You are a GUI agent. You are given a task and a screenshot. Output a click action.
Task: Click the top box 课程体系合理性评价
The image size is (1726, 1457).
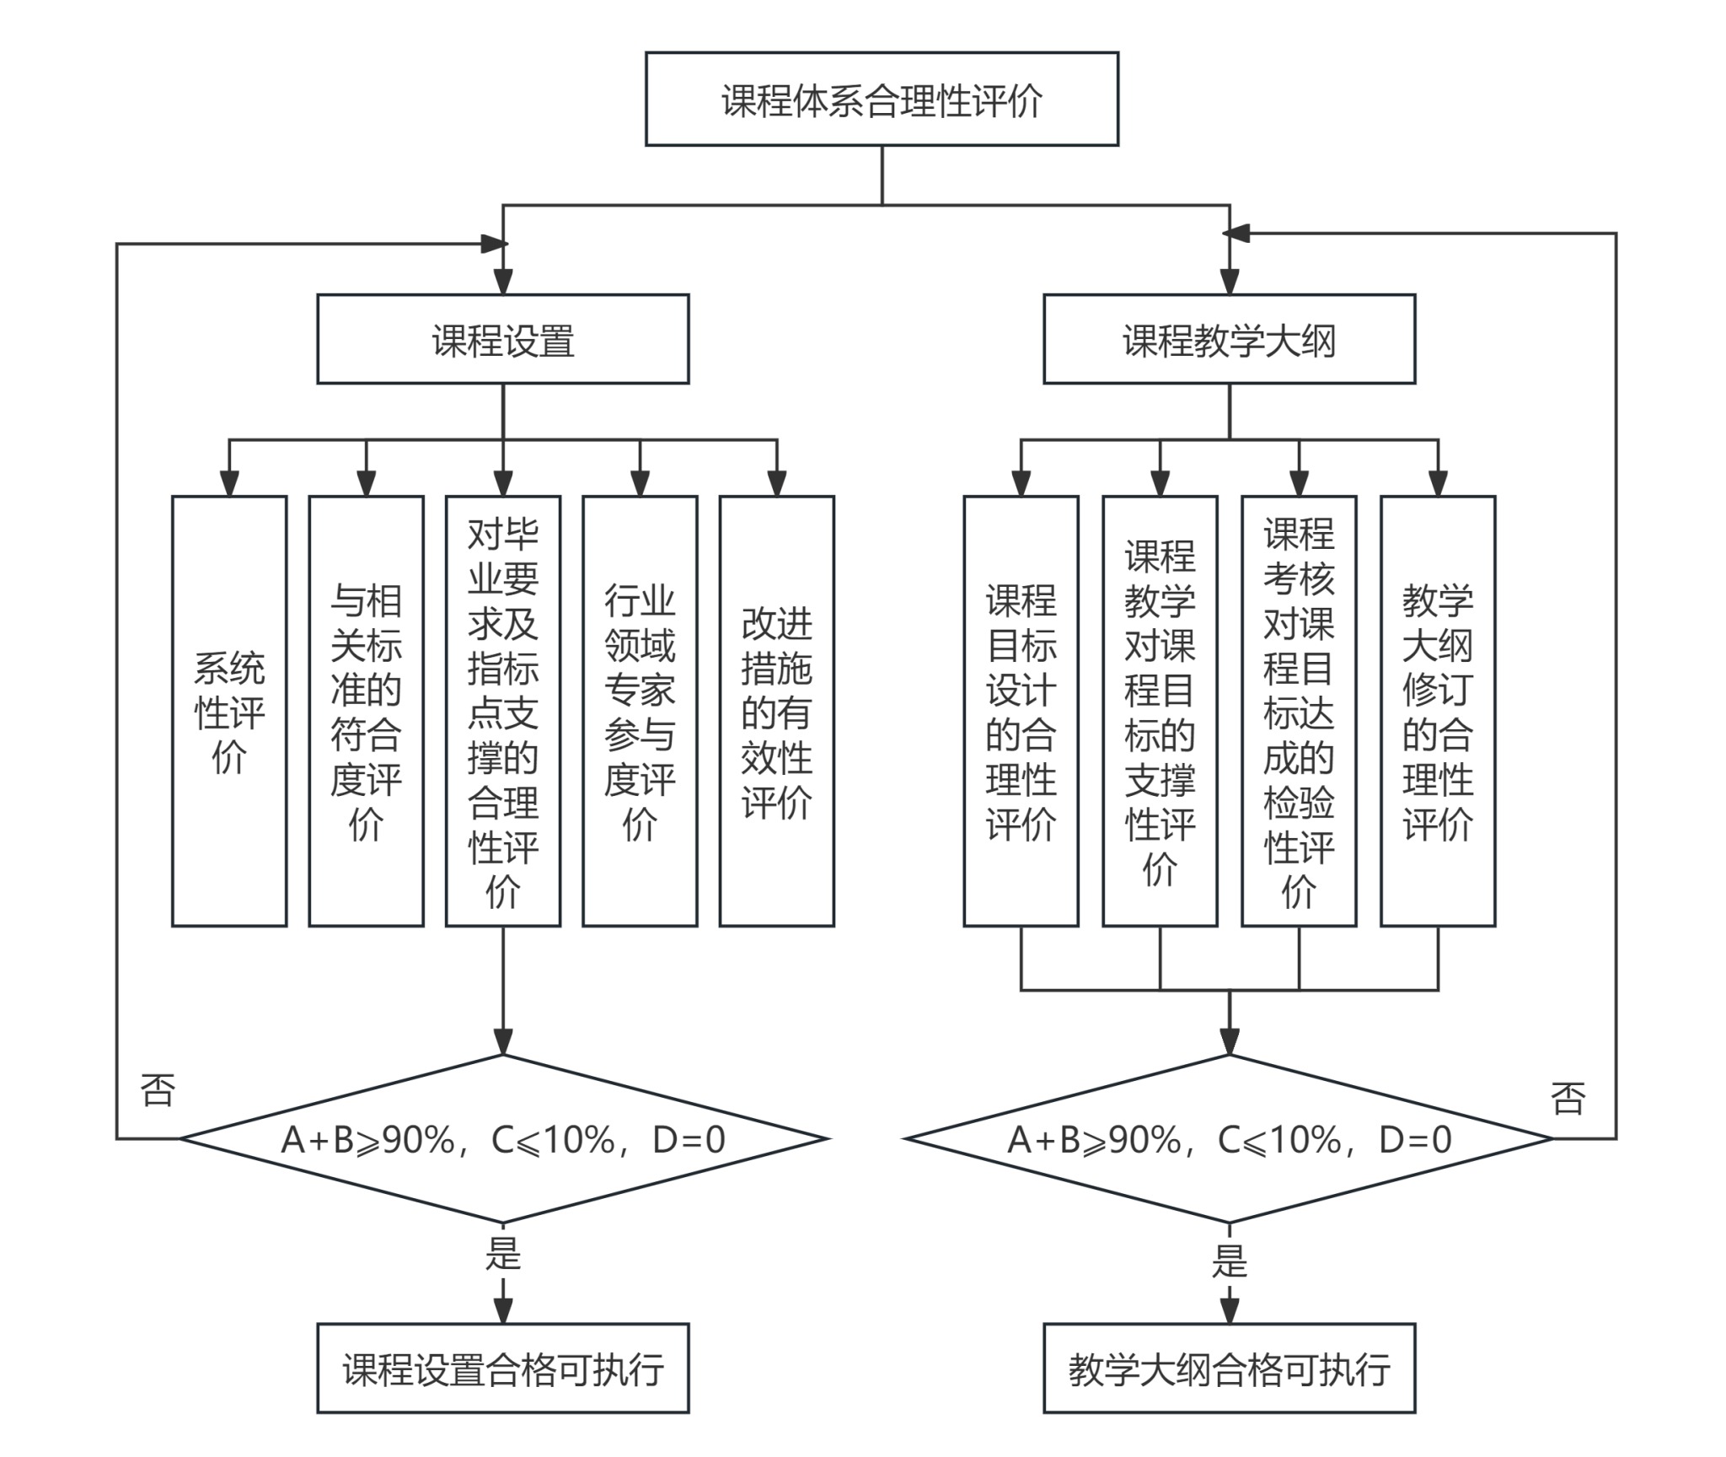[x=882, y=99]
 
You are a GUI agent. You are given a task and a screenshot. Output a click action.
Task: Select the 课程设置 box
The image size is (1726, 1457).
[x=503, y=340]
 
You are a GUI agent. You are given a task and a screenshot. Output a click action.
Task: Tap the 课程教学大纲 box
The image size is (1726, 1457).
[x=1229, y=340]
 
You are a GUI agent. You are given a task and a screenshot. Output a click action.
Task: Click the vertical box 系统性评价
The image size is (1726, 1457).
[x=229, y=711]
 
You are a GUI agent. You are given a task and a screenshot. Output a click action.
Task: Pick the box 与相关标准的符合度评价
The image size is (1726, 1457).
[x=366, y=711]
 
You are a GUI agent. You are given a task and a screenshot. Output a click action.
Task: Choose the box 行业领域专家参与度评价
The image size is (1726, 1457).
[x=640, y=711]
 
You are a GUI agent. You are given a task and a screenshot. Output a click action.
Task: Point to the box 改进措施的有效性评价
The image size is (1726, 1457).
[x=776, y=711]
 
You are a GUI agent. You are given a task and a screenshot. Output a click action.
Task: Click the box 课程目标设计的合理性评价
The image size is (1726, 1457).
[x=1021, y=711]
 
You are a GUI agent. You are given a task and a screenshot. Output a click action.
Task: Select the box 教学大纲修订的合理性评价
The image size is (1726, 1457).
[x=1438, y=711]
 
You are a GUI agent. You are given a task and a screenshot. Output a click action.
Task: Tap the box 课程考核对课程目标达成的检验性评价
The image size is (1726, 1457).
[x=1299, y=711]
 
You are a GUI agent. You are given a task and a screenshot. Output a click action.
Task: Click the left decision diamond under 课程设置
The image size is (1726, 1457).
[x=503, y=1139]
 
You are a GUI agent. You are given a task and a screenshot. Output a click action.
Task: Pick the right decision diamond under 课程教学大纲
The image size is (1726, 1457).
[x=1229, y=1139]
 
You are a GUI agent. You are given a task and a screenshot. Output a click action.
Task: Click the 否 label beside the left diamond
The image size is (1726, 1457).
[x=158, y=1090]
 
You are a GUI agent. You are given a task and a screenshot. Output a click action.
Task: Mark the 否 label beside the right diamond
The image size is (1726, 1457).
[x=1568, y=1099]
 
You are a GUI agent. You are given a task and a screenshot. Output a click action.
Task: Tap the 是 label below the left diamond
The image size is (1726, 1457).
[x=503, y=1254]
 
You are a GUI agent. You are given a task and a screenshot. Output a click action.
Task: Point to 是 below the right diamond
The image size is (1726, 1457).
[x=1229, y=1262]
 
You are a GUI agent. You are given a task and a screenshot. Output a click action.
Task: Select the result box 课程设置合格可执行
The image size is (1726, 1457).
[x=503, y=1369]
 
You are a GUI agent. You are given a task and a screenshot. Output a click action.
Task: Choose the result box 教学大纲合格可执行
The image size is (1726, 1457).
[x=1229, y=1369]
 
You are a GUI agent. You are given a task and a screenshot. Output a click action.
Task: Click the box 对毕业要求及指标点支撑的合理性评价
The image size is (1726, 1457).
[x=503, y=711]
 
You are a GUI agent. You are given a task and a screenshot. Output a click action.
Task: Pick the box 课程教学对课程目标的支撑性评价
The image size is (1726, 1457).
[x=1160, y=711]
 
